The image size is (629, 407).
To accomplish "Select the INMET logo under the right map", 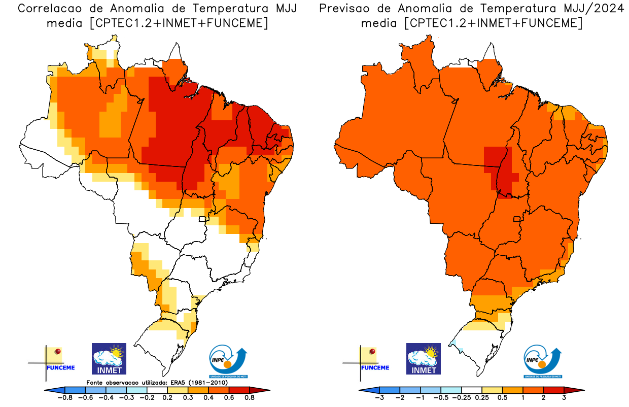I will (424, 359).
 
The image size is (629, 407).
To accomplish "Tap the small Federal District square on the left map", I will (202, 219).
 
